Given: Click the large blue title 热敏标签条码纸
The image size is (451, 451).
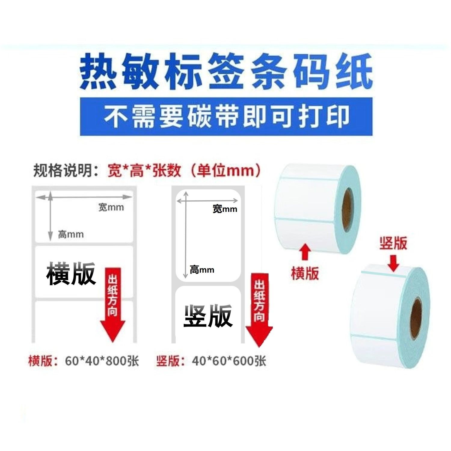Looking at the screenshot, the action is [226, 71].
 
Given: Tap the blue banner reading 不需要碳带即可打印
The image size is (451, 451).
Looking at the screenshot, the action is [226, 116].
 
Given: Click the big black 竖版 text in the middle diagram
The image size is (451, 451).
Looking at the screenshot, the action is [208, 315].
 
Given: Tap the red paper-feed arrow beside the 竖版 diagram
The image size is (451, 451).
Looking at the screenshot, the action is [259, 310].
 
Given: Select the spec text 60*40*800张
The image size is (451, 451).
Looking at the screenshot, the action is [102, 361].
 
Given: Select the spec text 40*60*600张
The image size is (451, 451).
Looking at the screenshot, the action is [229, 361].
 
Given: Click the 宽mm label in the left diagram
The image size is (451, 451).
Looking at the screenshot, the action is [111, 207].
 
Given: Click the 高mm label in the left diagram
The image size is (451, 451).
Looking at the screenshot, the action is [71, 234].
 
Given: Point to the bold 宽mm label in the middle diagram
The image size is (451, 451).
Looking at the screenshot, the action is [225, 209].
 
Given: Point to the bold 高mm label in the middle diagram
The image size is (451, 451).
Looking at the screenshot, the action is [202, 270].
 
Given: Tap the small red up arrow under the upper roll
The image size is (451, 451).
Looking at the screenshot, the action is [305, 252].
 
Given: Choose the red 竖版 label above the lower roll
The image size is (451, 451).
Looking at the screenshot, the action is [393, 243].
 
